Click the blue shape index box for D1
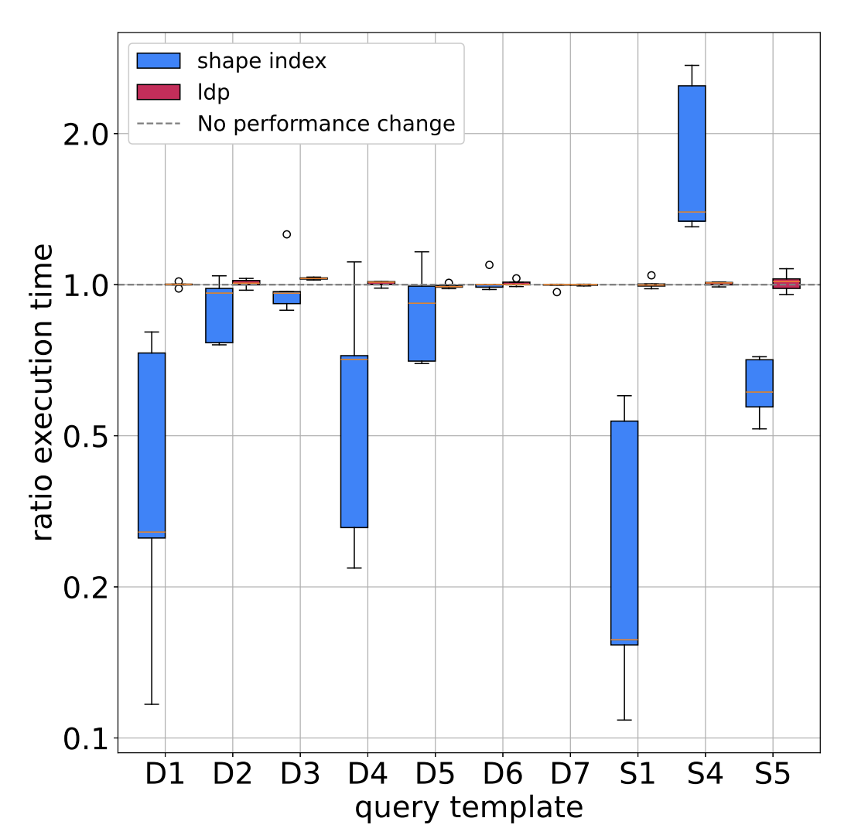point(152,445)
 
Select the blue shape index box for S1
point(624,533)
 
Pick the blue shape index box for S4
point(692,153)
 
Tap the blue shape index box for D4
point(354,441)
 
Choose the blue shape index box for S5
point(759,383)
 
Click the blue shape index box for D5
point(422,323)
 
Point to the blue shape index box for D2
point(219,315)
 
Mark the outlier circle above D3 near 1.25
point(286,234)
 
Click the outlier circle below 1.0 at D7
point(557,292)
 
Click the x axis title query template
point(468,808)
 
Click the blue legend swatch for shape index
point(159,61)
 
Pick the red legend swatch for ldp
point(159,92)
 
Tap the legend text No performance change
point(326,124)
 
